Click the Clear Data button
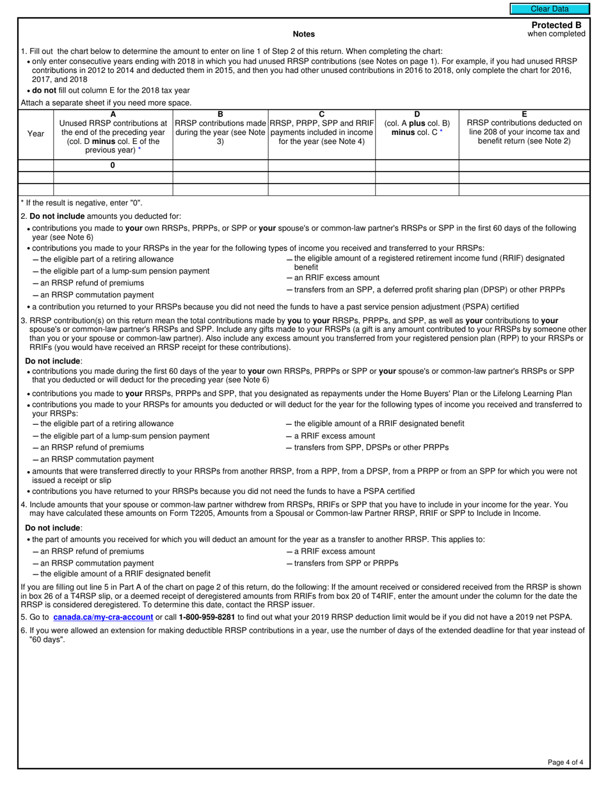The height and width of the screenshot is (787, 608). coord(549,9)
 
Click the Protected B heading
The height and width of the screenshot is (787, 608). coord(556,25)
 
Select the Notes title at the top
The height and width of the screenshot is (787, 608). coord(303,34)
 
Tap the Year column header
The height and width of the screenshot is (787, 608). coord(36,134)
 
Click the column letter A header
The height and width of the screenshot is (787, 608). coord(113,115)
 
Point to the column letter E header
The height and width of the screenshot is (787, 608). coord(524,115)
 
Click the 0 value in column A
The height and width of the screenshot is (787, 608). coord(113,165)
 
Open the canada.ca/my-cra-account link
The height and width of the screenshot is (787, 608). coord(103,617)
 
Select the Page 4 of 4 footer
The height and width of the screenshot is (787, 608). coord(565,762)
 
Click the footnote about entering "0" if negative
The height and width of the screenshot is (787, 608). coord(82,203)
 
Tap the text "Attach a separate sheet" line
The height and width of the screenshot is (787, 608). coord(106,102)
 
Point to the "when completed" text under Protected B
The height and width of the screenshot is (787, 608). coord(556,34)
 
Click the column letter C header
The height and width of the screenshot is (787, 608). coord(321,115)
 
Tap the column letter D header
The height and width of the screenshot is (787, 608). coord(417,115)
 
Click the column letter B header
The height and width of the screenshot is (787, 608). coord(220,115)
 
